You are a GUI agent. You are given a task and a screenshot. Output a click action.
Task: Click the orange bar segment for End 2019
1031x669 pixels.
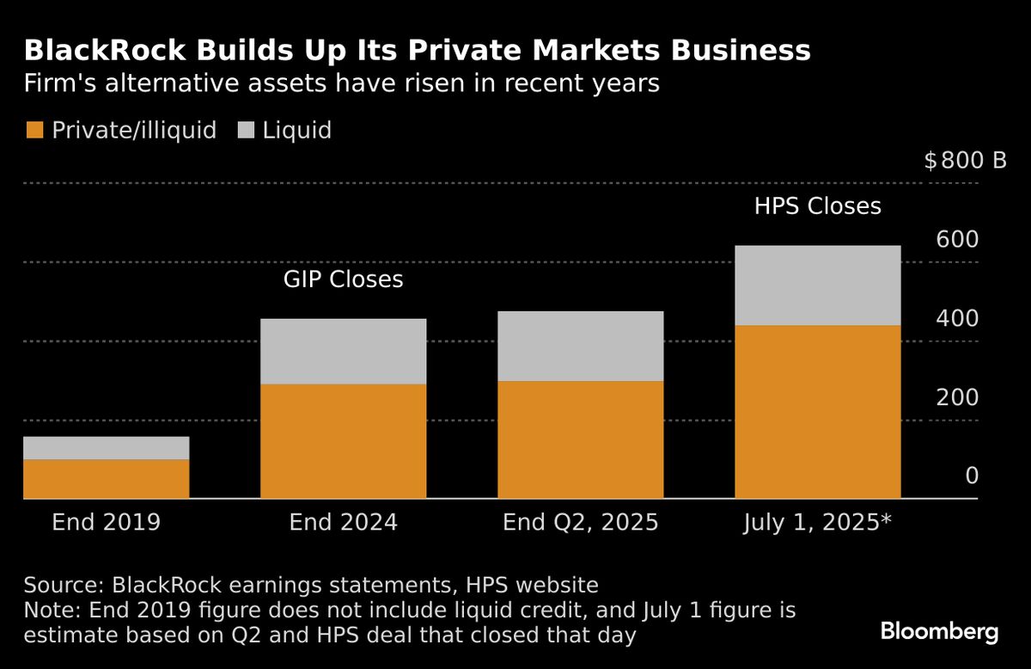tap(106, 479)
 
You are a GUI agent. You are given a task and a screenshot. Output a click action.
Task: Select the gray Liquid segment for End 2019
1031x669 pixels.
tap(106, 448)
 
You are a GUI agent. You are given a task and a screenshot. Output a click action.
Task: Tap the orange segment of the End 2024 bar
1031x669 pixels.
tap(344, 441)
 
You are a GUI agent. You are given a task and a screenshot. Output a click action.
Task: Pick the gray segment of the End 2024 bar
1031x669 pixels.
tap(344, 352)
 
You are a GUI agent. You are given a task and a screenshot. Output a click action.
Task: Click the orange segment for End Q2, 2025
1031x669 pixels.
tap(581, 439)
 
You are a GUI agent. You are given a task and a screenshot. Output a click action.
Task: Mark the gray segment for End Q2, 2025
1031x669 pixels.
tap(581, 347)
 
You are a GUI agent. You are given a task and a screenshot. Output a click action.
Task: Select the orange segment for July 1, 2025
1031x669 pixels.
tap(818, 412)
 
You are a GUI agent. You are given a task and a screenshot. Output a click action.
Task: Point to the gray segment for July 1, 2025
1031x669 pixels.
tap(818, 285)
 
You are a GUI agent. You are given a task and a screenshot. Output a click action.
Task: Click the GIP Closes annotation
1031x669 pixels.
tap(344, 280)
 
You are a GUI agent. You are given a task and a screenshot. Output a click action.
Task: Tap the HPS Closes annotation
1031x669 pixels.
tap(818, 206)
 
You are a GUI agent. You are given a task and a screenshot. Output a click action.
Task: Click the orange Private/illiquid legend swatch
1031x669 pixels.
tap(34, 131)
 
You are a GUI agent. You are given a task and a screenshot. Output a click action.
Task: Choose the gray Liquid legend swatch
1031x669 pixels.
tap(246, 131)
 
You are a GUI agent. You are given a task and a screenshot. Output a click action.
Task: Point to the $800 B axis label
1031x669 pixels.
tap(965, 161)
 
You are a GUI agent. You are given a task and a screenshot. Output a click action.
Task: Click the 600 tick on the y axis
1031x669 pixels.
tap(956, 240)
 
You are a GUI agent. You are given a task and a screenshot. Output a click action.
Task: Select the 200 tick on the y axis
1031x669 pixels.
tap(956, 398)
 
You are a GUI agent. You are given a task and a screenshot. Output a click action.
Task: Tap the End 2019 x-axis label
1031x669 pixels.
tap(106, 522)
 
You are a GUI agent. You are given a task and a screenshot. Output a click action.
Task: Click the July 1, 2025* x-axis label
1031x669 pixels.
tap(818, 522)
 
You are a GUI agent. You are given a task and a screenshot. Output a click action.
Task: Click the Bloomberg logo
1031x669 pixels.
tap(939, 632)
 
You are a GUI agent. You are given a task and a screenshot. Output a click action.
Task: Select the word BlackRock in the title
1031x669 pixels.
tap(88, 52)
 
